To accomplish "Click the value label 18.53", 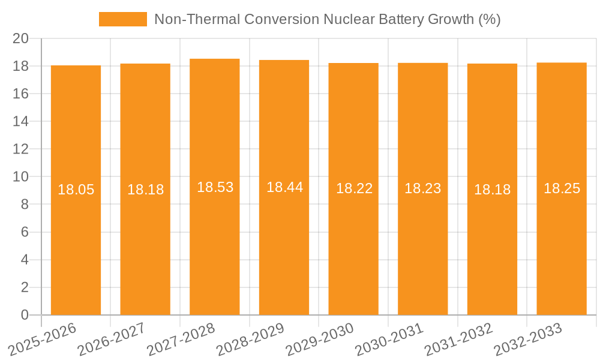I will [x=215, y=187].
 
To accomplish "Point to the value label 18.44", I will [x=284, y=187].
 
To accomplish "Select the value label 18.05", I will [x=76, y=190].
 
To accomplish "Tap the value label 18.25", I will [x=562, y=188].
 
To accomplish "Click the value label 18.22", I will [x=354, y=188].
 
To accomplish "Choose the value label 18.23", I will [x=423, y=188].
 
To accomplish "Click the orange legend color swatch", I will [x=122, y=19].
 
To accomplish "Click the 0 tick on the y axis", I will [x=25, y=315].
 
